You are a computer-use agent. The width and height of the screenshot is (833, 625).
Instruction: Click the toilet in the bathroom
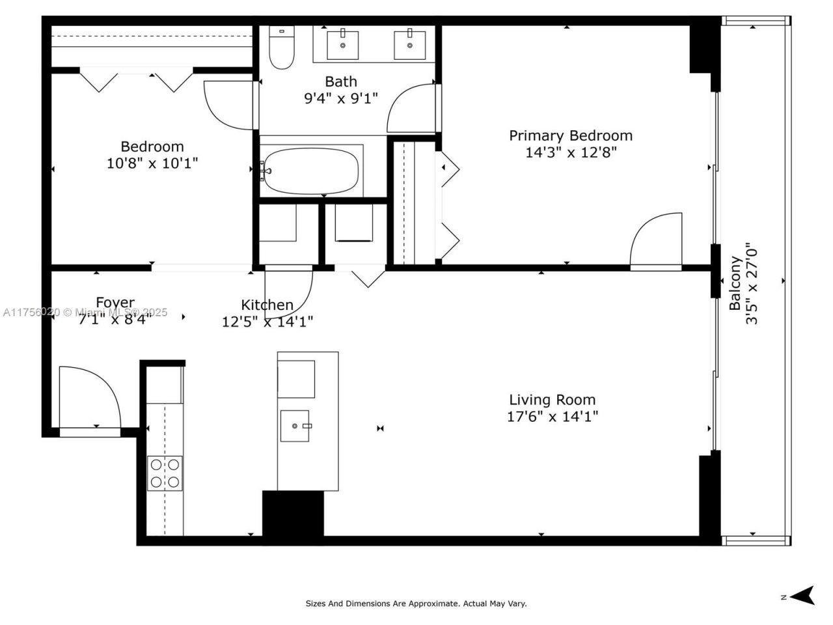coord(282,48)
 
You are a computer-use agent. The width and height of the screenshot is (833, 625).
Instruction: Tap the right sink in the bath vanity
coord(410,44)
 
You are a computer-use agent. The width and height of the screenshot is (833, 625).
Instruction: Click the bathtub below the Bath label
coord(311,171)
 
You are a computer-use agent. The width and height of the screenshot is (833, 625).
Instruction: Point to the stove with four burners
coord(165,473)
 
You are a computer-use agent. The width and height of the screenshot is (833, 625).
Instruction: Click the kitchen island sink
coord(295,426)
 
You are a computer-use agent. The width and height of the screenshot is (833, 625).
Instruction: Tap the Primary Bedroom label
coord(570,135)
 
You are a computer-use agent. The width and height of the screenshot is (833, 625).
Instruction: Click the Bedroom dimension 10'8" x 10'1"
coord(152,163)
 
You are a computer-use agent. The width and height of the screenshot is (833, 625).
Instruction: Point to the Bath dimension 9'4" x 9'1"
coord(341,98)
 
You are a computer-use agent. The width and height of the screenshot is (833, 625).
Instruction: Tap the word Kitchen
coord(267,305)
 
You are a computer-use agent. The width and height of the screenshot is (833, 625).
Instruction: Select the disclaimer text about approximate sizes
coord(416,604)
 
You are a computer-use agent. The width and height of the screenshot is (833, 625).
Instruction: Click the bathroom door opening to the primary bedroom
coord(411,109)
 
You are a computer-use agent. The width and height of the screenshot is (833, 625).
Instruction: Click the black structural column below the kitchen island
coord(293,514)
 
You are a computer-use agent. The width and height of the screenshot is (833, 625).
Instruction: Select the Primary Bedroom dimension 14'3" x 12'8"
coord(571,152)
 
